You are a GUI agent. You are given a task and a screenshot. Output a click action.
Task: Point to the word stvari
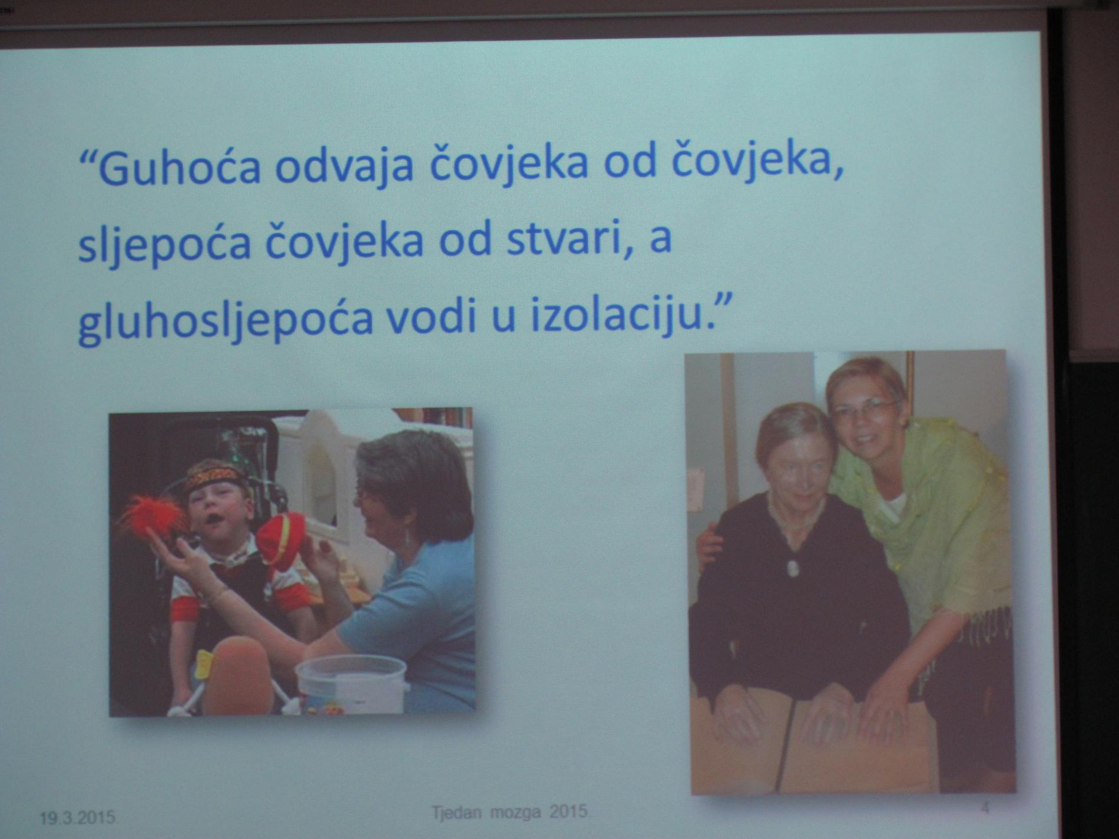564,241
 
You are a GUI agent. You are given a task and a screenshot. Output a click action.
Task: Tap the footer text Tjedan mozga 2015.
510,812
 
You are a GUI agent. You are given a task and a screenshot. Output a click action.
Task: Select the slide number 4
985,808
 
